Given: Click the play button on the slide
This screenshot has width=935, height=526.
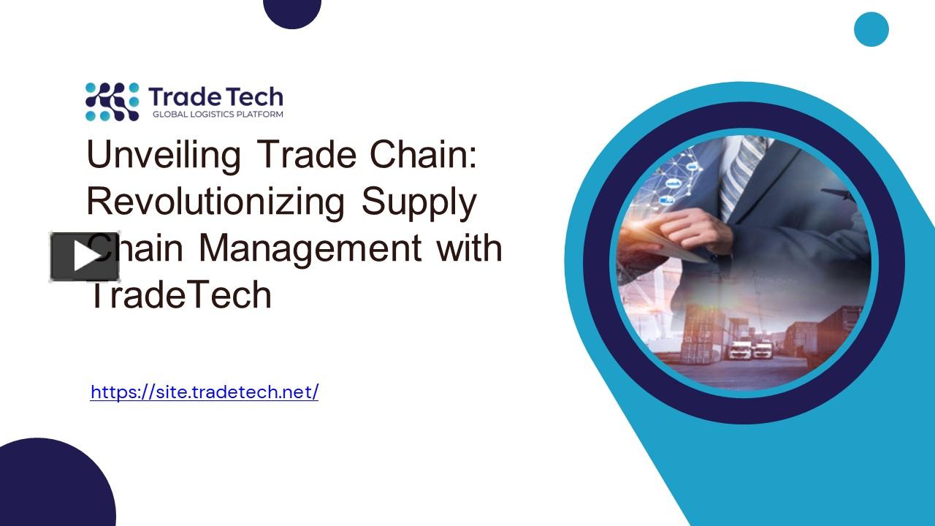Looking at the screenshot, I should tap(85, 256).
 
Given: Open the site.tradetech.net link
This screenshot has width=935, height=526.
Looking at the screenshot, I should tap(205, 392).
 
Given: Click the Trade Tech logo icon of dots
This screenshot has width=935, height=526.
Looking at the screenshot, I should tap(112, 101).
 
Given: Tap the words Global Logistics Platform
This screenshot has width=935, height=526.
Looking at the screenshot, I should tap(217, 114).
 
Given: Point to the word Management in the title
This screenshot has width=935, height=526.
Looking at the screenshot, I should tap(310, 248).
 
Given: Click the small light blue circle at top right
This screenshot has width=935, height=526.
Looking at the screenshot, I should tap(871, 29).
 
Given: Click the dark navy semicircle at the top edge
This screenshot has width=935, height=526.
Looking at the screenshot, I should tap(292, 12).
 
